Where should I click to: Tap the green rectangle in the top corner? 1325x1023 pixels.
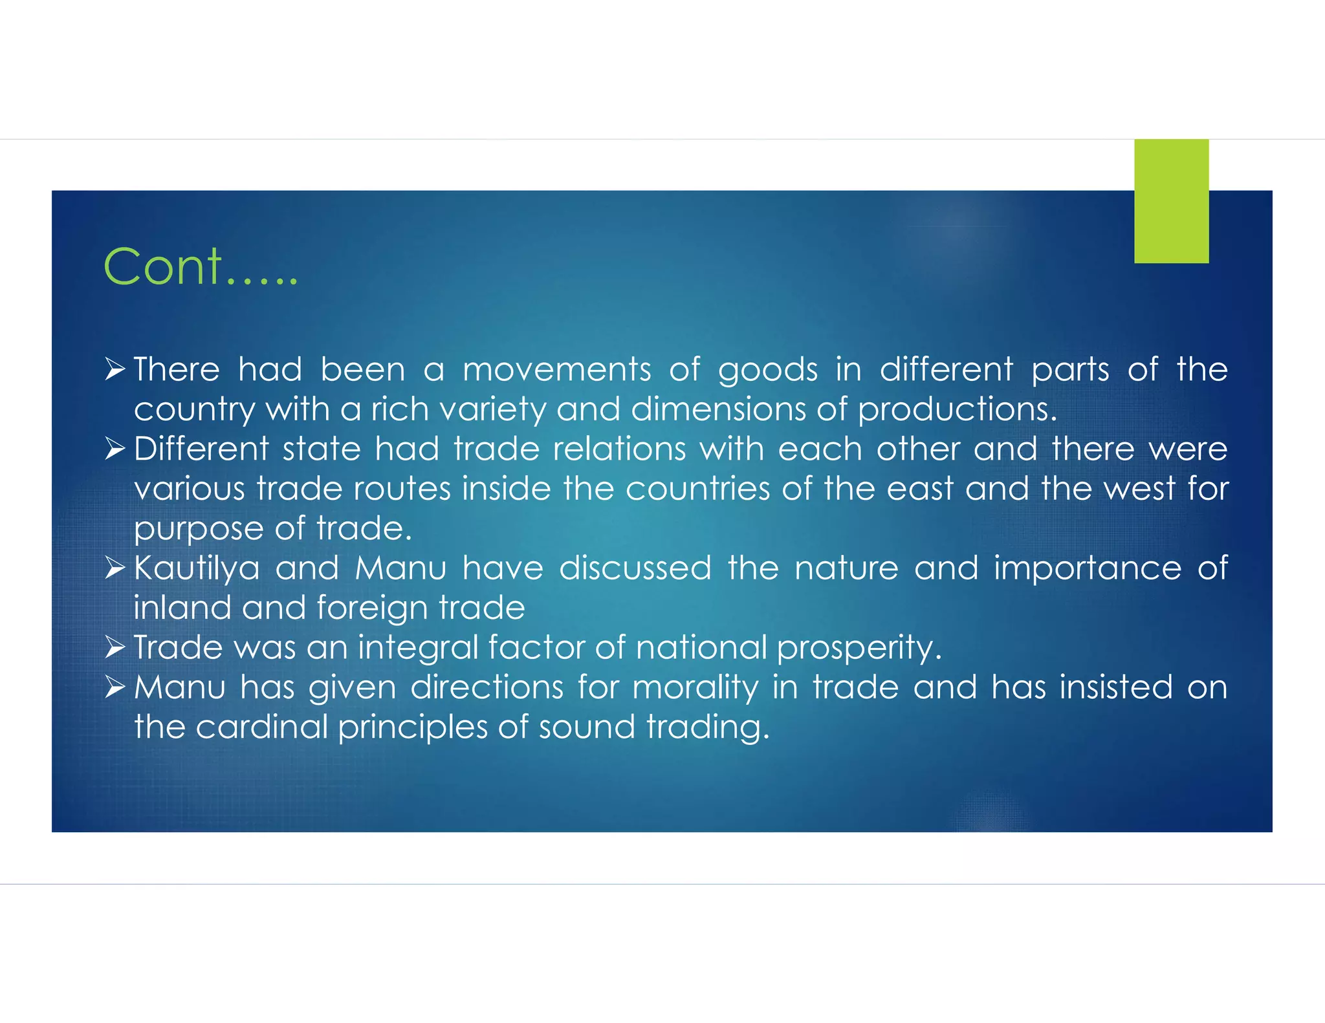tap(1171, 200)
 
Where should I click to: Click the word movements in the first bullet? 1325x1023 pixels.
tap(556, 370)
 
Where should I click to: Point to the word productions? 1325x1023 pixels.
tap(957, 410)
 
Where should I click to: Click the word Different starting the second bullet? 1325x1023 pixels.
tap(201, 449)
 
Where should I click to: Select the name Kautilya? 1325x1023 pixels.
tap(197, 569)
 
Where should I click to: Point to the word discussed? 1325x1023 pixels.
tap(635, 568)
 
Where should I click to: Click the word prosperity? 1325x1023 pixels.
tap(859, 648)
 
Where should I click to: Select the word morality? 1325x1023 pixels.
tap(695, 688)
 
